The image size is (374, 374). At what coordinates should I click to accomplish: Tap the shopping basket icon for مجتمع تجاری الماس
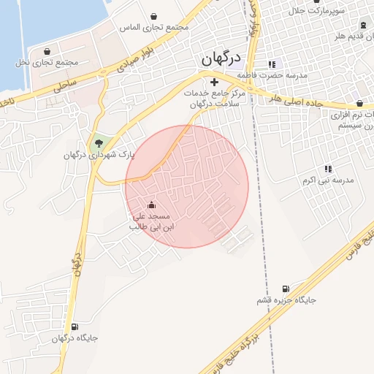coord(154,16)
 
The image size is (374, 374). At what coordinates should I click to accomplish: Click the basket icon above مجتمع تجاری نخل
coord(47,51)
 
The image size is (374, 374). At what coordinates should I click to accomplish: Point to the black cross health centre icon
coord(214,83)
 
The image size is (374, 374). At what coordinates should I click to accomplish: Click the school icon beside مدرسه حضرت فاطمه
coord(272,64)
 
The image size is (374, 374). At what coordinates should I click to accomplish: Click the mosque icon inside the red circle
coord(151,205)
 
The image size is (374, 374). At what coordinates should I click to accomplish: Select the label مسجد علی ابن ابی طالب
coord(150,221)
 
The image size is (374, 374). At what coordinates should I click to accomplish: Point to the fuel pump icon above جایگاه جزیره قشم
coord(285,289)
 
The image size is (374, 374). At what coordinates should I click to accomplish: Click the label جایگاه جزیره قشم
coord(286,300)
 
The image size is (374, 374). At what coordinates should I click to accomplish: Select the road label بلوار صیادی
coord(135,58)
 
